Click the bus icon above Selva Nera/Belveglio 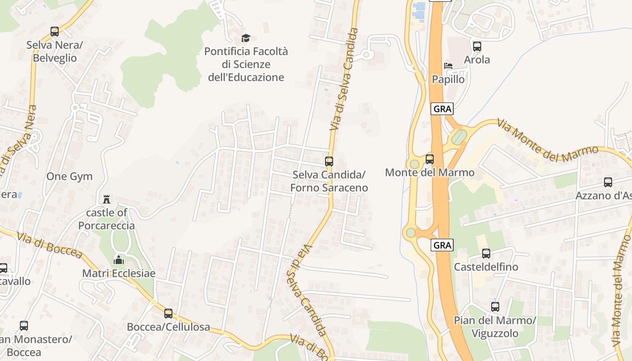coord(55,32)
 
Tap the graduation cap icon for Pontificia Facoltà coord(246,38)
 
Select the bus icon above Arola coord(477,46)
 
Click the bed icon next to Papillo coord(448,66)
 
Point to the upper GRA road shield coord(441,109)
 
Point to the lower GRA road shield coord(441,245)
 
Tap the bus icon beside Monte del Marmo coord(429,159)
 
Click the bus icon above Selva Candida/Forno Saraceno coord(329,161)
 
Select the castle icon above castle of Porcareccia coord(107,199)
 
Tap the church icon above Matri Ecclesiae coord(119,259)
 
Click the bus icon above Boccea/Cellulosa coord(168,313)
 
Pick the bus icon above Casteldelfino coord(486,254)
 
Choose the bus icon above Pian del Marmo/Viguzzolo coord(495,307)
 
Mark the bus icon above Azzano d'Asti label coord(608,182)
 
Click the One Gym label coord(70,176)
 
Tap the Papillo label coord(448,79)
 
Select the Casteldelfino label coord(486,267)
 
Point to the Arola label coord(477,60)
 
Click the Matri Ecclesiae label coord(119,273)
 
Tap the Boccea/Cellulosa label coord(168,327)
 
